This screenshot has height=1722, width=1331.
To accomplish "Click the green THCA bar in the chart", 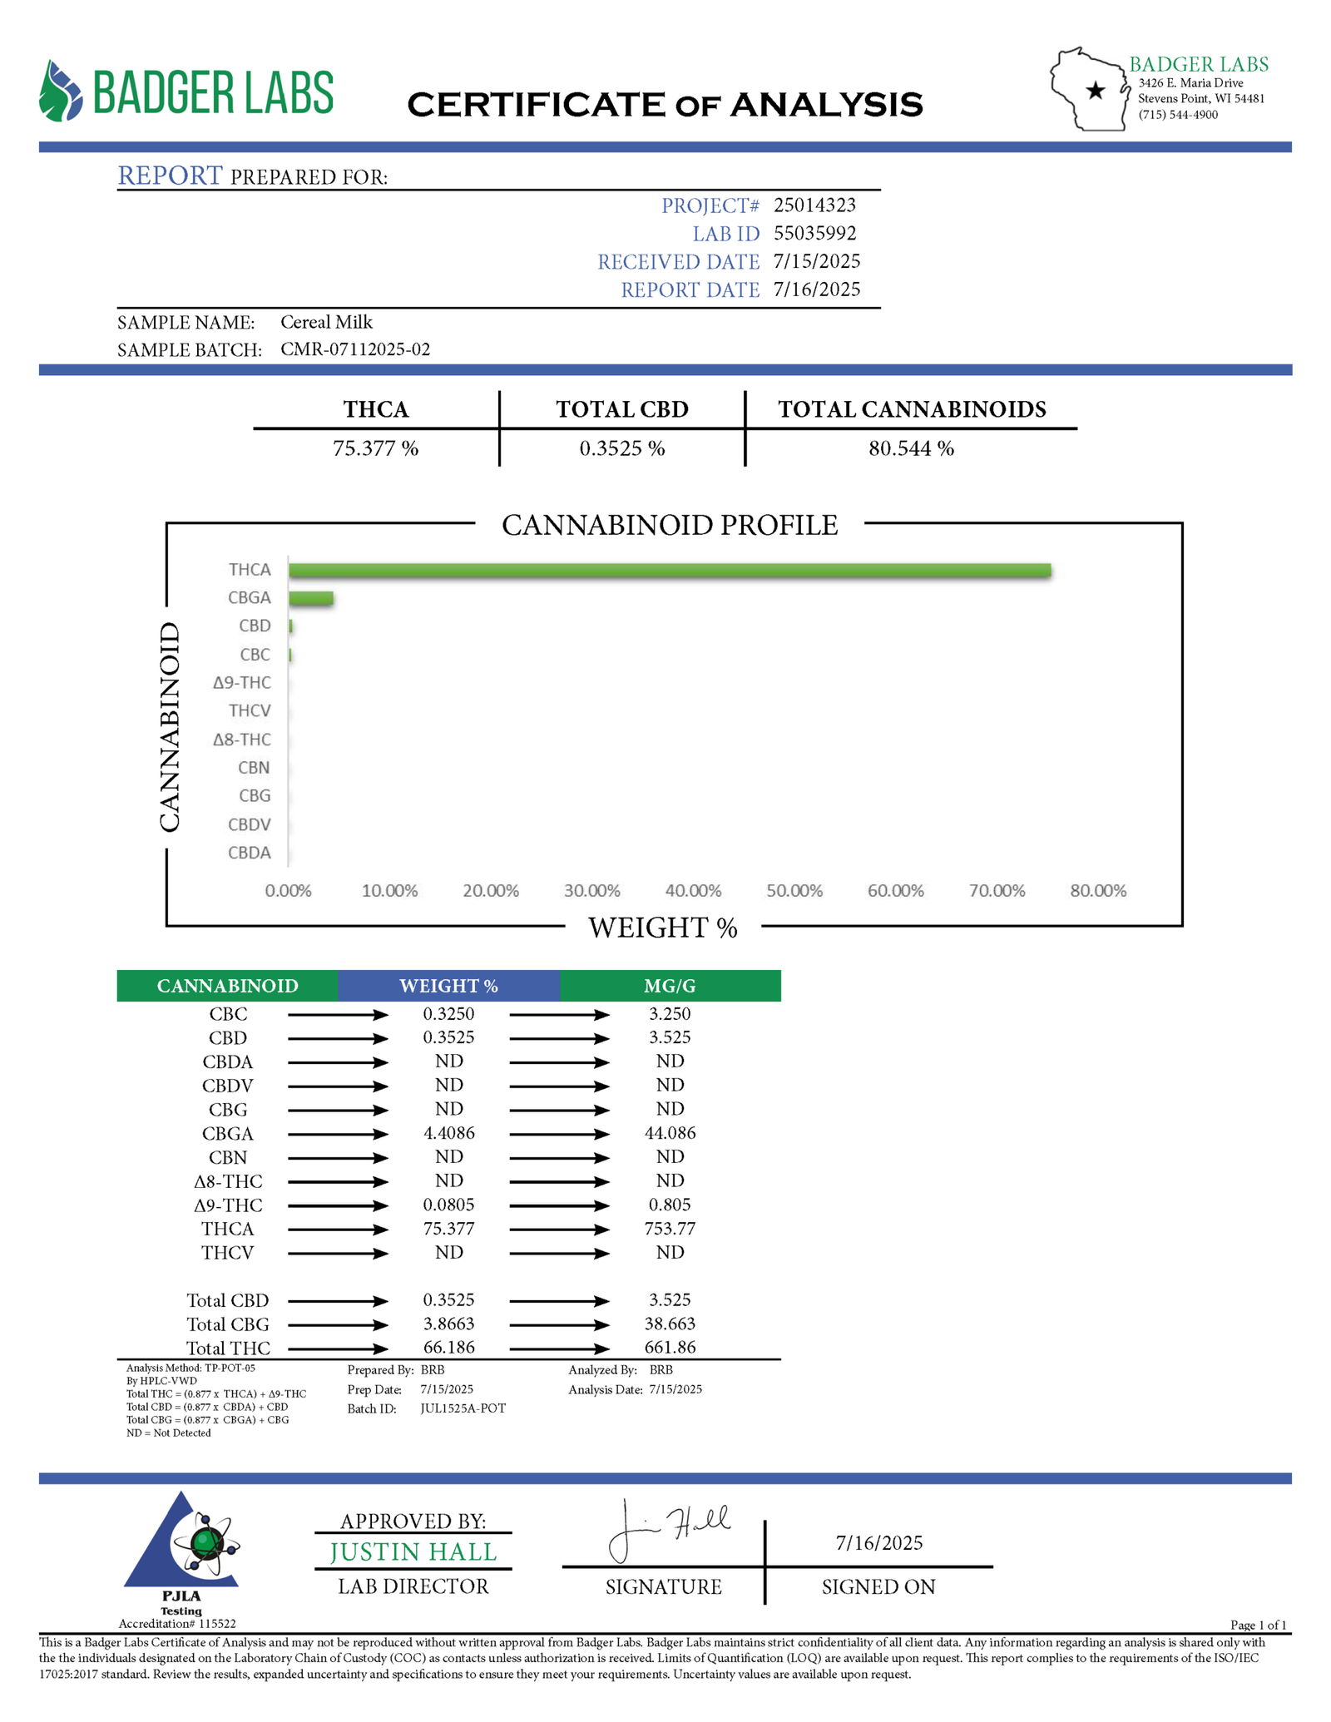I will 670,570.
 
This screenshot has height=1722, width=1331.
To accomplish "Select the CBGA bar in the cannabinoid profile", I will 311,598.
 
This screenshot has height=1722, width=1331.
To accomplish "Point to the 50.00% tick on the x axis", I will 794,891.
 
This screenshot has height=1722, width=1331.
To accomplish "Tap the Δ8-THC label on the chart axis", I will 241,740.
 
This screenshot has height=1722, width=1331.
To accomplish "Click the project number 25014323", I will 814,205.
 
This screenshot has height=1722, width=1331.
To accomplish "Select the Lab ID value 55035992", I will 814,234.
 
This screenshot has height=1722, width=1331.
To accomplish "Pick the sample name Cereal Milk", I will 326,322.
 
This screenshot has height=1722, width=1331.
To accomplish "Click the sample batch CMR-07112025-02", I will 355,349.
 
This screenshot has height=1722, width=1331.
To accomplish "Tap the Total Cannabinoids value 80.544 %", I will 911,449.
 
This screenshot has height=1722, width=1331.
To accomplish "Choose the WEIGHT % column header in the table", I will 448,986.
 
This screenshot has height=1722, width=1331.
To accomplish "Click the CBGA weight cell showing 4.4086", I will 448,1133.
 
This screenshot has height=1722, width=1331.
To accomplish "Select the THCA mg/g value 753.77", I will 670,1229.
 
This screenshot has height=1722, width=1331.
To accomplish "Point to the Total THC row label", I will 228,1348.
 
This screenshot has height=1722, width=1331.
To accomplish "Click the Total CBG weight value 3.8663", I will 448,1324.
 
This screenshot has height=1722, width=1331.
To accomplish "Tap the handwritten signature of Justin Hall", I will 665,1531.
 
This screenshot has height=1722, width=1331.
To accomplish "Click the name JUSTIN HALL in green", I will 413,1552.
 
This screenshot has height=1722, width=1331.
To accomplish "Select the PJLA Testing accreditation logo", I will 182,1556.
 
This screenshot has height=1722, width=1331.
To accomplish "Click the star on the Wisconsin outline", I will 1096,91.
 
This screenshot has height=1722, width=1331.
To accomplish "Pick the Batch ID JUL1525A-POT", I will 463,1408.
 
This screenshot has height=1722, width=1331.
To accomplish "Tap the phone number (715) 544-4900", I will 1178,115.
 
